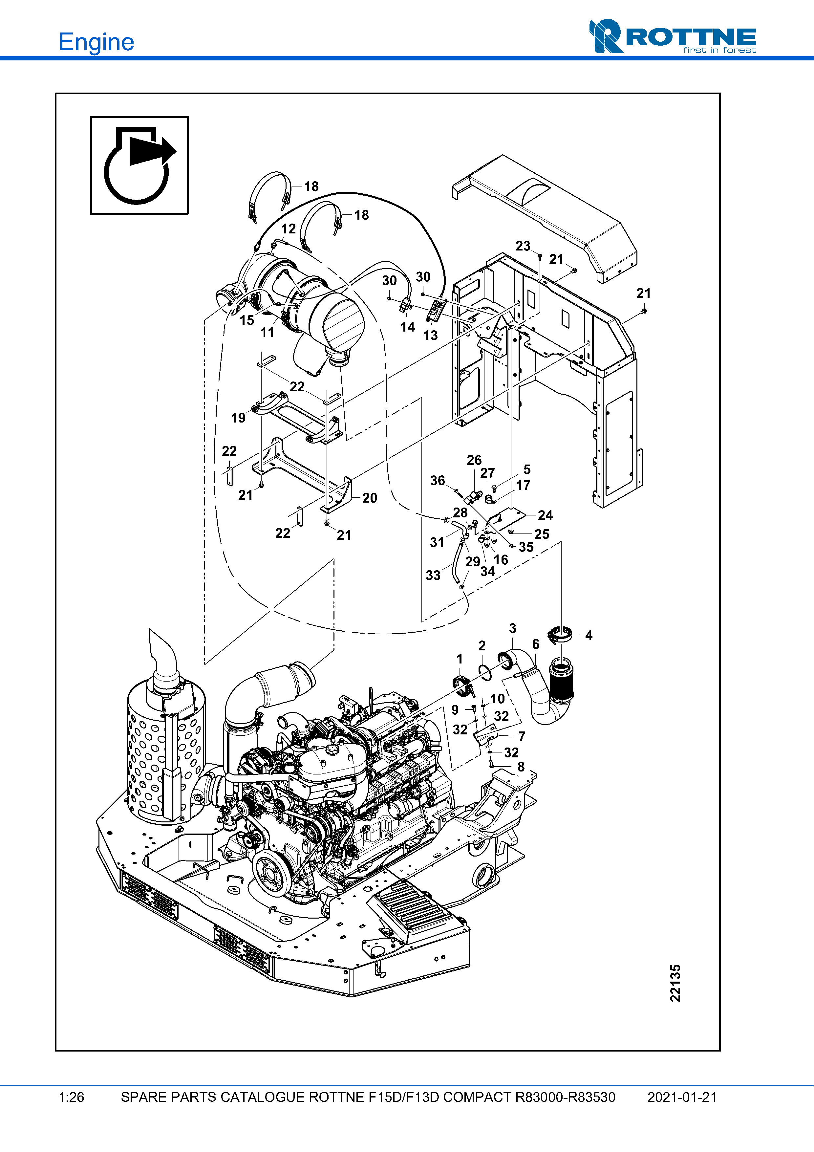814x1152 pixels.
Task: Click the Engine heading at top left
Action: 96,42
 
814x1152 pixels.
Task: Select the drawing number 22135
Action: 675,983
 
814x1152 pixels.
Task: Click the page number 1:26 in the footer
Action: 71,1097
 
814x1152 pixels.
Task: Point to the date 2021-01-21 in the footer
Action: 682,1097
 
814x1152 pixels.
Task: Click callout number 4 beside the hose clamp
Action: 589,635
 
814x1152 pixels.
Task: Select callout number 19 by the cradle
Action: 238,418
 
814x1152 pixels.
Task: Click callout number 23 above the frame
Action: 523,246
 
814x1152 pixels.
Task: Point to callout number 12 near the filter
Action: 289,229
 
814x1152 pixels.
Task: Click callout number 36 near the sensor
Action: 437,481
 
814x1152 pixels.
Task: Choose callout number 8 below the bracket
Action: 521,767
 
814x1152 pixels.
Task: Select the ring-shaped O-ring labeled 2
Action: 485,672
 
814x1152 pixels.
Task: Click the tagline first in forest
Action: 719,50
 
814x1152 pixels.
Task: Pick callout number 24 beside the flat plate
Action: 545,515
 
